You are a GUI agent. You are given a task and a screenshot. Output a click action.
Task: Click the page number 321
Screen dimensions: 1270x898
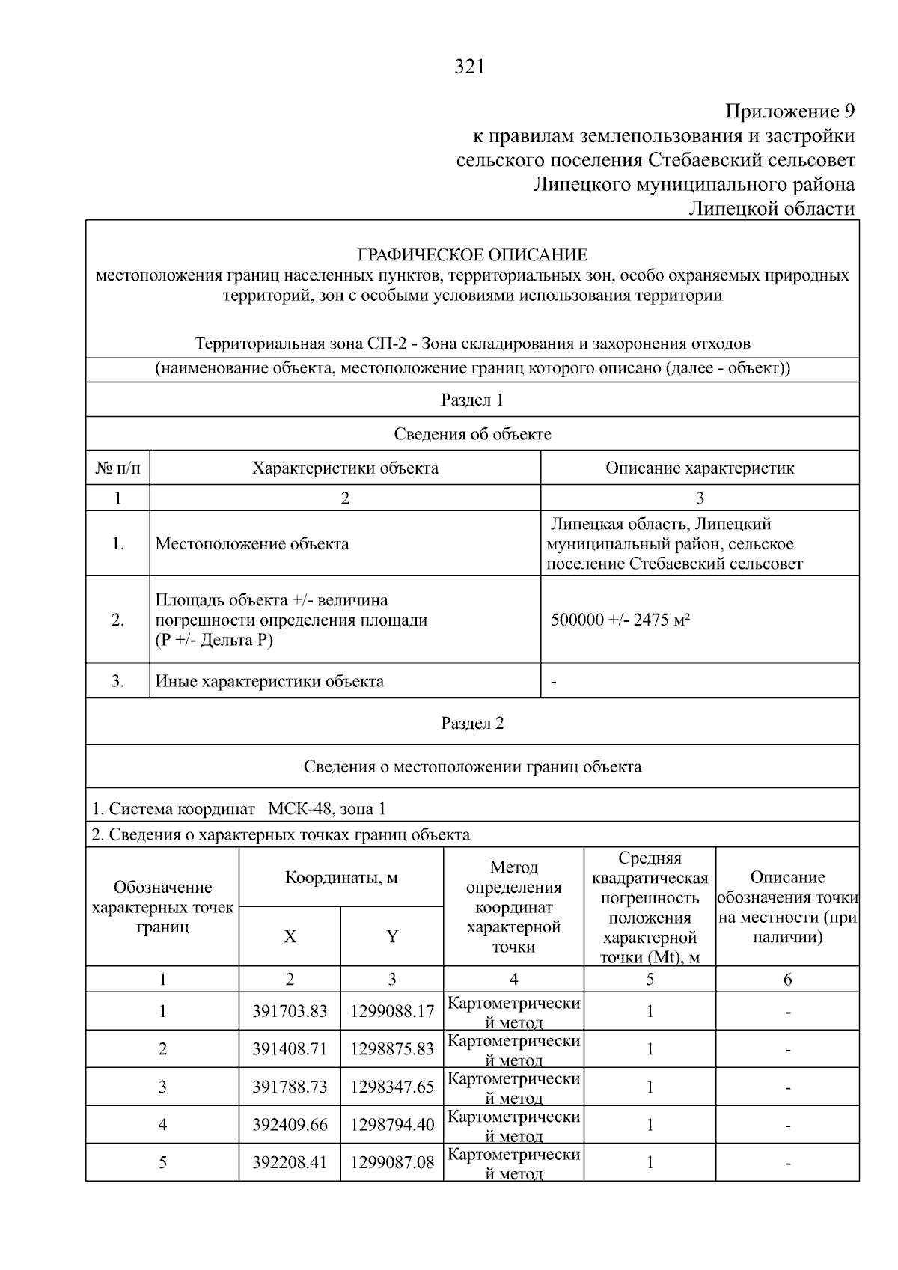coord(470,67)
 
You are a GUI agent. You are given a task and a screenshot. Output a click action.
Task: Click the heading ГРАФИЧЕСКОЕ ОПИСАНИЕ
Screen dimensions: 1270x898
coord(472,255)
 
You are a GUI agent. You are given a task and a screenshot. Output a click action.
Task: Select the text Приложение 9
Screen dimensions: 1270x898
coord(789,112)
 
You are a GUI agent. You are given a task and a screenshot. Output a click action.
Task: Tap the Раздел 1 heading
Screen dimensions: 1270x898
coord(472,400)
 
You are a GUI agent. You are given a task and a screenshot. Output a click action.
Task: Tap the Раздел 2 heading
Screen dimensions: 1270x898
coord(472,723)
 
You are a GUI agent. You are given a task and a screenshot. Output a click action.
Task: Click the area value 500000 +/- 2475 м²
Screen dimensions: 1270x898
coord(620,620)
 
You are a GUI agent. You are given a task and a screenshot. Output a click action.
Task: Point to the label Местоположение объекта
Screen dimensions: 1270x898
coord(252,543)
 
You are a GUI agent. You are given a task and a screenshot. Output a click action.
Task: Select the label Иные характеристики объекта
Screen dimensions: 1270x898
coord(269,681)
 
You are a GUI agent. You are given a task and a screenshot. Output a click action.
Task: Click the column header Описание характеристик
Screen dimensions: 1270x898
coord(700,468)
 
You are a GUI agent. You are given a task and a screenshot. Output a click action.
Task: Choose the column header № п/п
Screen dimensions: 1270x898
coord(117,468)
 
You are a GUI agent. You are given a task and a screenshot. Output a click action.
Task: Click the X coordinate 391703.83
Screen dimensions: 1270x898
coord(290,1011)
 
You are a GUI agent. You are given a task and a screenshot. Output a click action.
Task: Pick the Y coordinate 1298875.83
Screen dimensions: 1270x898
coord(392,1049)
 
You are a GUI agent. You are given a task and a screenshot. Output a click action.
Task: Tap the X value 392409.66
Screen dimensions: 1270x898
coord(290,1125)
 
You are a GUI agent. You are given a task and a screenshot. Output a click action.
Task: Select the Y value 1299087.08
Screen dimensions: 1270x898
coord(392,1163)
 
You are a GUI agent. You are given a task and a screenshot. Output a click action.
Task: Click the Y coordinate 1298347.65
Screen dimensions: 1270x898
coord(392,1087)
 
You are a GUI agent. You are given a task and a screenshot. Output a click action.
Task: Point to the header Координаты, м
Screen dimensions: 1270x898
coord(341,877)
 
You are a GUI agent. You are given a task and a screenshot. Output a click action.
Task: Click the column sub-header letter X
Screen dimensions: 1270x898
coord(290,936)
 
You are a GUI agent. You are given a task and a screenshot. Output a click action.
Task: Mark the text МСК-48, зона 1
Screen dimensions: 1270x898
coord(327,809)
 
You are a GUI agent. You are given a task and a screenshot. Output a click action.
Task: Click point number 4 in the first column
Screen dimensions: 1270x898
coord(162,1125)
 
